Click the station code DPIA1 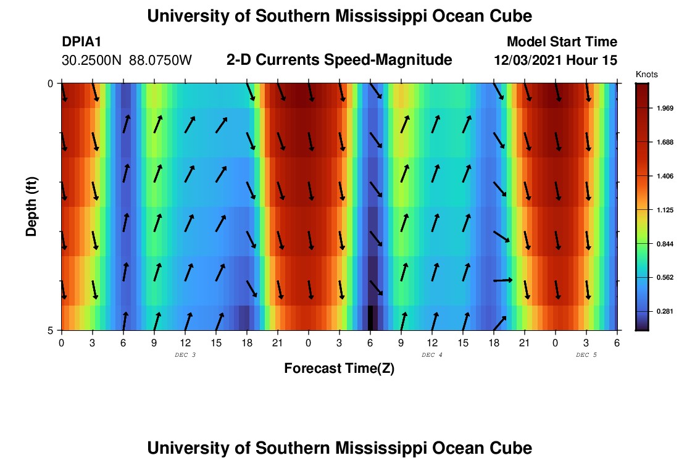[x=81, y=42]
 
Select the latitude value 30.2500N [x=93, y=60]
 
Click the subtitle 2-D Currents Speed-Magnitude [x=339, y=60]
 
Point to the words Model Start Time [x=562, y=42]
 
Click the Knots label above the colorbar [x=646, y=74]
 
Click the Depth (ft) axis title [x=31, y=206]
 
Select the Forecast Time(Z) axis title [x=339, y=369]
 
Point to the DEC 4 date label [x=432, y=355]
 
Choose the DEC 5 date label [x=586, y=355]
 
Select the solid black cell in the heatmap [x=370, y=318]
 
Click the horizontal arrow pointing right [x=503, y=280]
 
